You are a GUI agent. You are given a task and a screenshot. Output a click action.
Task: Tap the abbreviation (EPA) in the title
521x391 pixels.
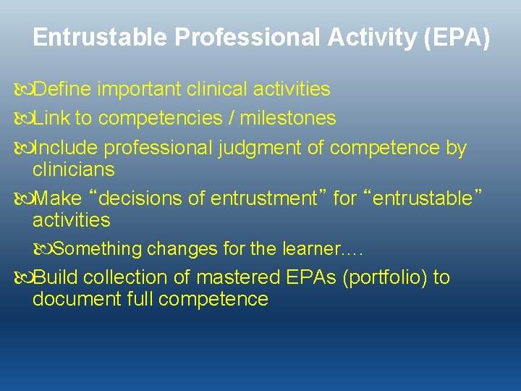point(459,38)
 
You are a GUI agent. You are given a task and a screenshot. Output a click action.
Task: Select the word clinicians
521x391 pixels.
point(73,169)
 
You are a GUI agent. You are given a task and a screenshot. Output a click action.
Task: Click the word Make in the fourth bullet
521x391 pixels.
point(58,198)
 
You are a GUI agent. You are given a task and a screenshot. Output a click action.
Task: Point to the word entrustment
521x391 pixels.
point(264,198)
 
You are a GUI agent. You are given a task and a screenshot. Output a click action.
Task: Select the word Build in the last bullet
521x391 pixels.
point(58,277)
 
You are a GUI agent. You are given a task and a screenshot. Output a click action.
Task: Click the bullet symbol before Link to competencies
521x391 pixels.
point(24,118)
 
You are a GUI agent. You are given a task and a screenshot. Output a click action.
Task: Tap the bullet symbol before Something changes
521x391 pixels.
point(43,250)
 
